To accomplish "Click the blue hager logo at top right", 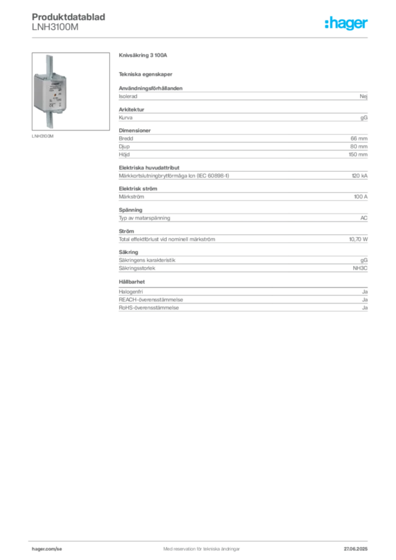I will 347,24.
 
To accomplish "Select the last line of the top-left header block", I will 55,32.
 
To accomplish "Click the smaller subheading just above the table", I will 147,74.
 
